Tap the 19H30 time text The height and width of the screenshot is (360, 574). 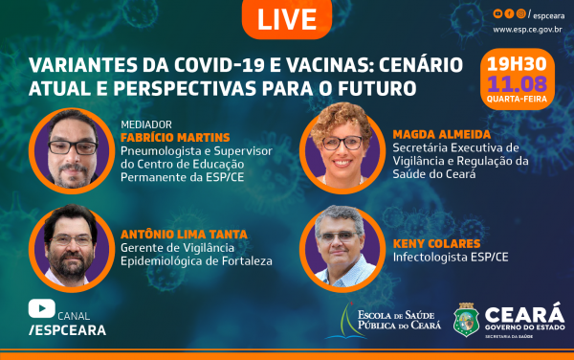520,60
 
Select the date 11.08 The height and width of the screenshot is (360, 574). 520,81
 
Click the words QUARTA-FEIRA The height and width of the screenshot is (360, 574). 520,97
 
